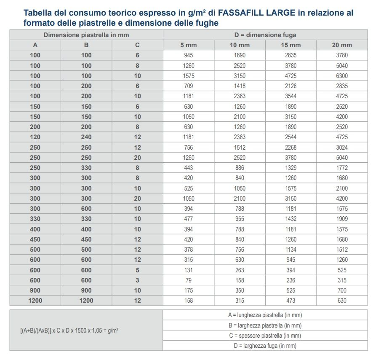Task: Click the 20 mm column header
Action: [342, 45]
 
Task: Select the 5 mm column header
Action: [188, 45]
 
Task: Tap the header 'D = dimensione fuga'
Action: [265, 35]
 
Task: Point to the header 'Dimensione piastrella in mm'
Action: [86, 35]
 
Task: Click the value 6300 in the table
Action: [342, 76]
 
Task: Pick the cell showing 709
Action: [188, 86]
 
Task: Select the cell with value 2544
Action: [290, 137]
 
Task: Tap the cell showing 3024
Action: [342, 148]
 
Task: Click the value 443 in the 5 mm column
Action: [188, 168]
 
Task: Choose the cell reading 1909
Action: [342, 219]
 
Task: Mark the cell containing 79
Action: [188, 280]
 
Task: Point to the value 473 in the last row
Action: [290, 301]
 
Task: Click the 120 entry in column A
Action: [35, 137]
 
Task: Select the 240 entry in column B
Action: [86, 137]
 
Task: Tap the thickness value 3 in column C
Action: [137, 280]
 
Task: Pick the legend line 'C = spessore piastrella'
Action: [265, 336]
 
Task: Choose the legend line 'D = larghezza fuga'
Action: [265, 346]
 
